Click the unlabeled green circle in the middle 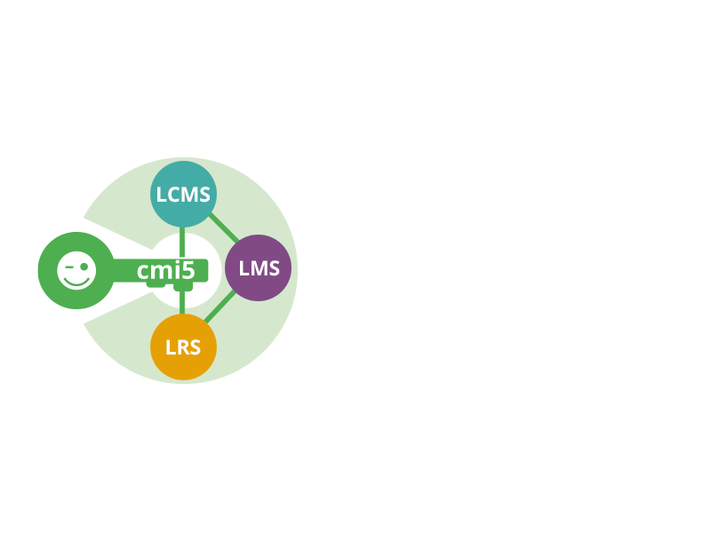(x=185, y=270)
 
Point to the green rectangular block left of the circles (x=75, y=270)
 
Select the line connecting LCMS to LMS (x=225, y=227)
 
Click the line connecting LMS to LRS (x=220, y=307)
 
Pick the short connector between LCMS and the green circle (x=182, y=230)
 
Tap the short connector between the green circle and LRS (x=182, y=310)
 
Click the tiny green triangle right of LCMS (x=260, y=185)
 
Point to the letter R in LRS (x=183, y=347)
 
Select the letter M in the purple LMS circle (x=259, y=268)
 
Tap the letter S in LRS (x=196, y=347)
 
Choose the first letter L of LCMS (x=162, y=194)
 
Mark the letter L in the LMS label (x=244, y=268)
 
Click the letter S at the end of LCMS (x=204, y=194)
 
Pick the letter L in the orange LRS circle (x=171, y=347)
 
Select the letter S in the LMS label (x=274, y=268)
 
